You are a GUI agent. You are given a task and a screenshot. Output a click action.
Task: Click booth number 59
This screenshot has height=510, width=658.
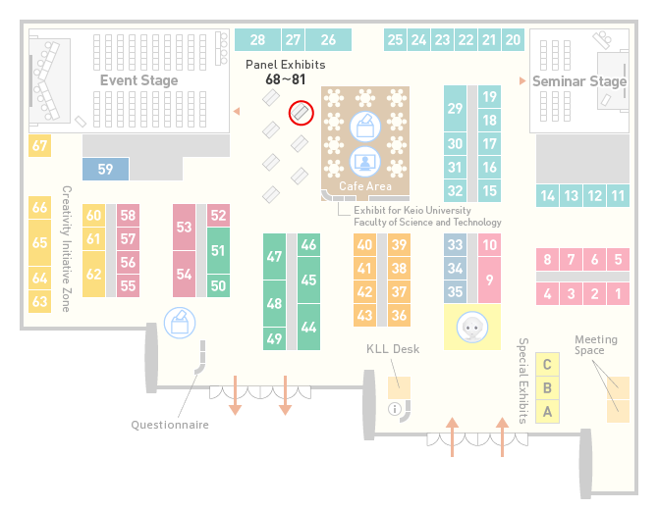tap(105, 169)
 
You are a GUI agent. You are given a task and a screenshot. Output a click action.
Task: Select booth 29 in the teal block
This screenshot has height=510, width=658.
tap(455, 109)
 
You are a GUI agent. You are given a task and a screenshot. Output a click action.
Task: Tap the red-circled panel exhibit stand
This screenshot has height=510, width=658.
tap(301, 113)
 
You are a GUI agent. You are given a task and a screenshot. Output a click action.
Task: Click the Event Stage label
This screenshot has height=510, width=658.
tap(138, 80)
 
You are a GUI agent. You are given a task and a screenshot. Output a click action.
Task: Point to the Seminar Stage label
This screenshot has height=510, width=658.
tap(579, 80)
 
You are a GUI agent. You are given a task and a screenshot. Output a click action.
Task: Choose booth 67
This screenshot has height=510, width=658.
tap(40, 145)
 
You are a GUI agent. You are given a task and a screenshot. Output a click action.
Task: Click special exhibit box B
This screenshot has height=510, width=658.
tap(547, 388)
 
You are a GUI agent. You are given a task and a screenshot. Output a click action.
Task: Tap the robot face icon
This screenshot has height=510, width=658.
tap(472, 327)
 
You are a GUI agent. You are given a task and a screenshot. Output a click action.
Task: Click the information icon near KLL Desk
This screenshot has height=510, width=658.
tap(395, 409)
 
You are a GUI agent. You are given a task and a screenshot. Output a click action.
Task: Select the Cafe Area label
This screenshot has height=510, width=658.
tap(365, 186)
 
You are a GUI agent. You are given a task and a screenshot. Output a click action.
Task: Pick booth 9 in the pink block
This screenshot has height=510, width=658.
tap(489, 280)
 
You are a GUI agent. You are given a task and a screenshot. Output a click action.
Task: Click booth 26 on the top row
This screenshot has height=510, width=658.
tap(328, 40)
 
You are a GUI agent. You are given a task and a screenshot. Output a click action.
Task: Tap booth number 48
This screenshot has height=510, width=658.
tap(274, 303)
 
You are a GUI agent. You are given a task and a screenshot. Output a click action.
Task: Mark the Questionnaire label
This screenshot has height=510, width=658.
tap(170, 425)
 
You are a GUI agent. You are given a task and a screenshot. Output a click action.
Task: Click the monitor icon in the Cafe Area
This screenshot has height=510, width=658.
tap(365, 162)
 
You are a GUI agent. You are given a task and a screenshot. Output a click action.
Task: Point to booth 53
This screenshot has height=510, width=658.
tap(184, 227)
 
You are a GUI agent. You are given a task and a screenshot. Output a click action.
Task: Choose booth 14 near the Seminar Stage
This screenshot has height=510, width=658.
tap(547, 196)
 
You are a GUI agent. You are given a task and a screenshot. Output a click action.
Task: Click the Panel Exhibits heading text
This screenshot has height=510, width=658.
tap(286, 65)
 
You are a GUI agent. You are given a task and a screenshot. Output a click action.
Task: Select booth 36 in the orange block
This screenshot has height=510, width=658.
tap(399, 315)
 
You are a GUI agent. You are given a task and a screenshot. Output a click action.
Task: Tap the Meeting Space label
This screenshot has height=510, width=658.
tap(596, 344)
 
